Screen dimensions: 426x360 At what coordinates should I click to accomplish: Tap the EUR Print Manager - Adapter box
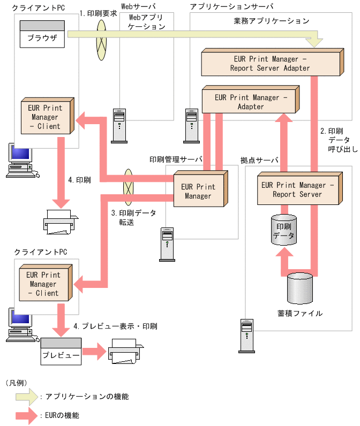click(250, 101)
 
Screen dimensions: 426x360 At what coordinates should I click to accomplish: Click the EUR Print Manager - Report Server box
click(297, 189)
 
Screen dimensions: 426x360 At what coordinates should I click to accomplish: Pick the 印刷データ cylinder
click(283, 231)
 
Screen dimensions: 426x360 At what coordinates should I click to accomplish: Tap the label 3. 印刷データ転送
click(133, 217)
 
